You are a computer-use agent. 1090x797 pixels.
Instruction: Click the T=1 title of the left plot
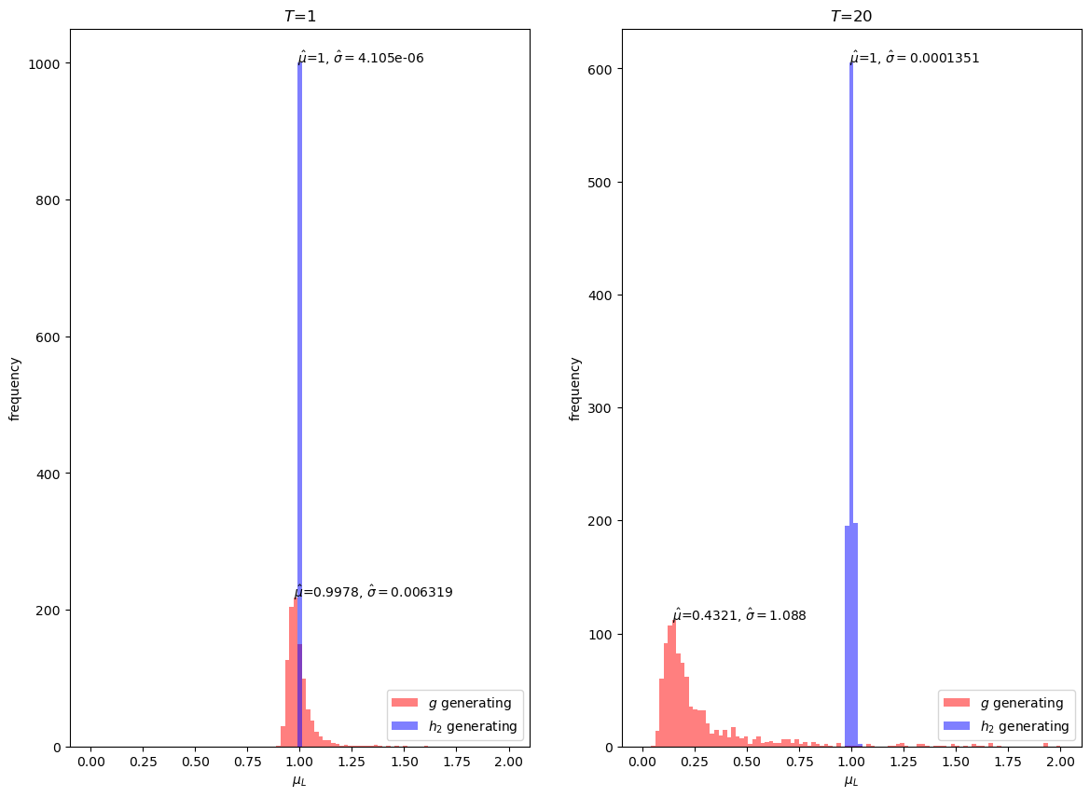[299, 16]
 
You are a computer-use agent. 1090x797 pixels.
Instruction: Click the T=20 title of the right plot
[850, 16]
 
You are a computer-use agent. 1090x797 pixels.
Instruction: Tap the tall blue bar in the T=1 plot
[299, 373]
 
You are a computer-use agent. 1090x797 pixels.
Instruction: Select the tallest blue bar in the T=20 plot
[851, 373]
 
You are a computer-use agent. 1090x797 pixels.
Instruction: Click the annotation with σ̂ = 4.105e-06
[361, 58]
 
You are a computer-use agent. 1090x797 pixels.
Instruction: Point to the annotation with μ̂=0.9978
[373, 592]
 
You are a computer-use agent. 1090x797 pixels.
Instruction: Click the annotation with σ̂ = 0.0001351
[914, 58]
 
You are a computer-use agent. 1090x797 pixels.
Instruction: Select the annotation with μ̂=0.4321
[738, 615]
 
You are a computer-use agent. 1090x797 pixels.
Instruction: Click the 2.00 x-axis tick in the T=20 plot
[1060, 763]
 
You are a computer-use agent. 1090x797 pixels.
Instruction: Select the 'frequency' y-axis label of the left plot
[15, 388]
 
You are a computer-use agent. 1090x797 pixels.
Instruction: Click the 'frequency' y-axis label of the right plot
[574, 388]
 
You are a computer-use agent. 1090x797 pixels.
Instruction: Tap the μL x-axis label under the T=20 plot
[850, 780]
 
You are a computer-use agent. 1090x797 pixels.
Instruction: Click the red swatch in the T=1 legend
[405, 703]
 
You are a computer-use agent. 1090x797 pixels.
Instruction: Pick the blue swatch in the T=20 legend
[956, 726]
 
